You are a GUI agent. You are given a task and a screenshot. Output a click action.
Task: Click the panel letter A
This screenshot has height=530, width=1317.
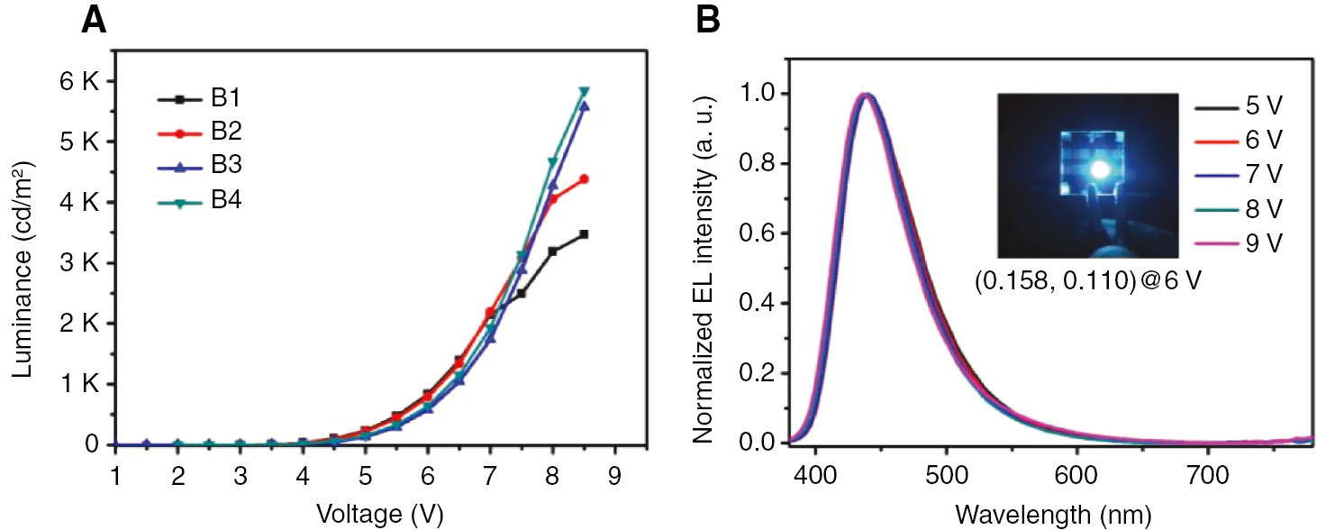[95, 20]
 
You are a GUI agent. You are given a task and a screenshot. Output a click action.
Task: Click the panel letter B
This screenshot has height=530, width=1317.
[708, 20]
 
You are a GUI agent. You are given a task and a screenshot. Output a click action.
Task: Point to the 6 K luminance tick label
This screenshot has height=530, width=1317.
[78, 81]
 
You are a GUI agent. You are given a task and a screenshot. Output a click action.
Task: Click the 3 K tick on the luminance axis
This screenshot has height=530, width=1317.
[78, 263]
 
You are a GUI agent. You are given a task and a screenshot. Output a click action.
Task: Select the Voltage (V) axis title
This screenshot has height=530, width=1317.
[379, 514]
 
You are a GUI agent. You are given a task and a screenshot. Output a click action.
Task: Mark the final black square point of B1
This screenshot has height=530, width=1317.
[584, 234]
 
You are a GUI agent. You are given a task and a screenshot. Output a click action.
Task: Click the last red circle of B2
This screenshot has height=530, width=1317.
[584, 179]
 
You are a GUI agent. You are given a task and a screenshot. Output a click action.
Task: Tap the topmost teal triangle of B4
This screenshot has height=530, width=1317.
[584, 92]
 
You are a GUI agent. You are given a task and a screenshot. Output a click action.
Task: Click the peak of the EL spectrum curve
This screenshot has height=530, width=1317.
[865, 95]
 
